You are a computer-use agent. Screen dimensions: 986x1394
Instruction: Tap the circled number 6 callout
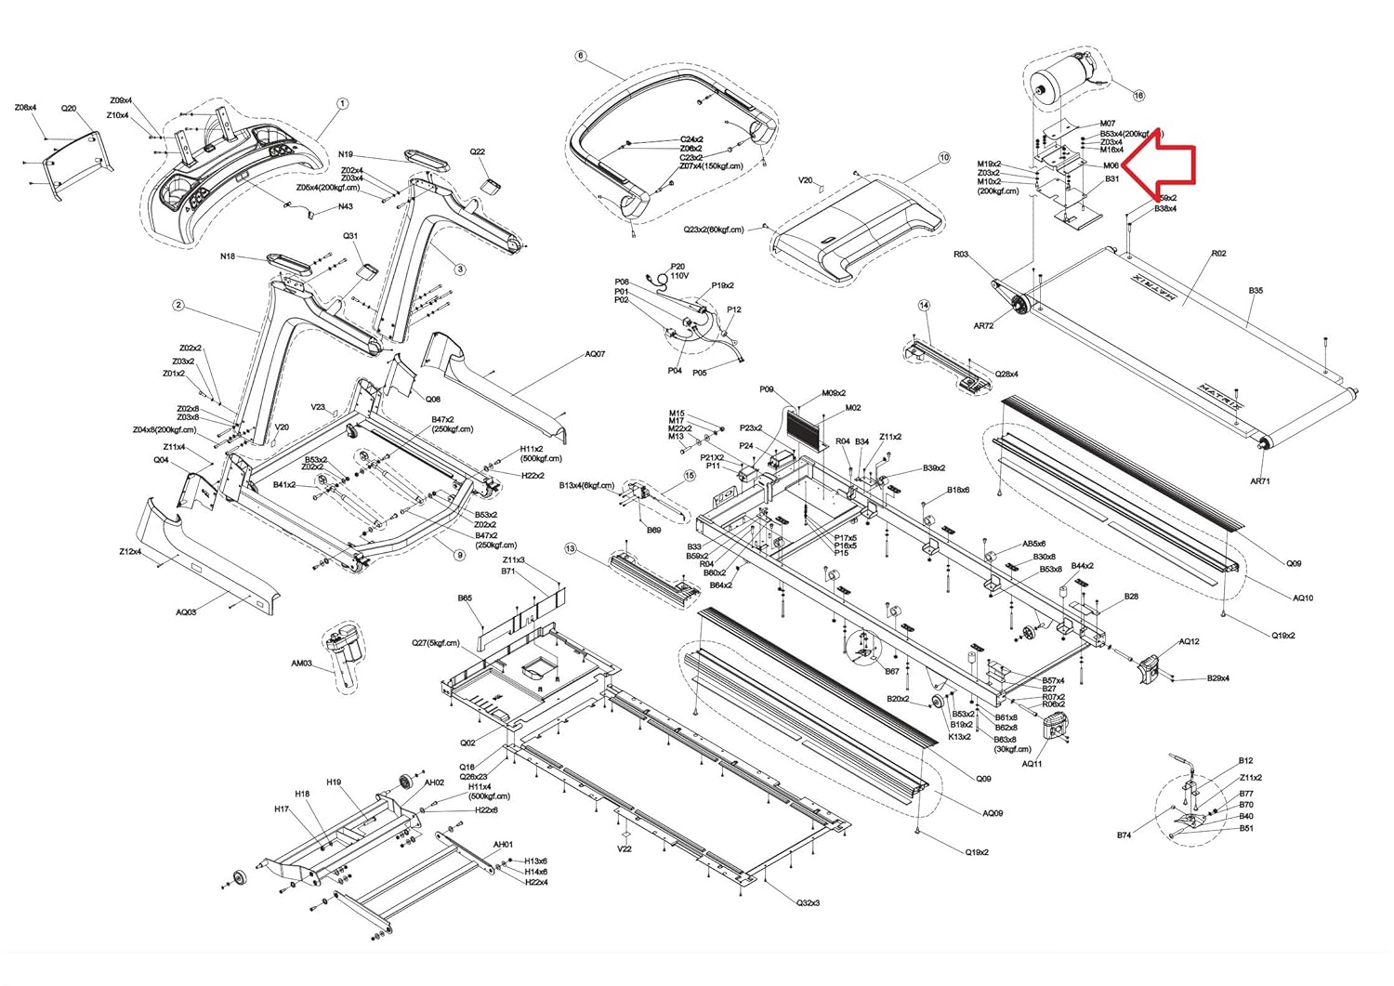[x=581, y=56]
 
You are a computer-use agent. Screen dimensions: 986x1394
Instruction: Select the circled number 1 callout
[x=342, y=104]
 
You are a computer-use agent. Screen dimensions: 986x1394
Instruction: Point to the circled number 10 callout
[x=944, y=158]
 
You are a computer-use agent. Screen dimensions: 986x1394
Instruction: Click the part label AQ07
[x=595, y=354]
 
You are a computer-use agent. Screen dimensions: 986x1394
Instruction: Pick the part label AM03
[x=301, y=664]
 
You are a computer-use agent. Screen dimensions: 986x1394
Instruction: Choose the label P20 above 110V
[x=677, y=266]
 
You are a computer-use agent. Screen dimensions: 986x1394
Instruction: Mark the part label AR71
[x=1260, y=480]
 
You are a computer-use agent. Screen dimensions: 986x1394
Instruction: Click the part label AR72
[x=983, y=326]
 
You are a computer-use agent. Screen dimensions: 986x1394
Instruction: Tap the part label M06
[x=1110, y=165]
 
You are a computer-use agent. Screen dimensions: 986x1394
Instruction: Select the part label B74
[x=1124, y=835]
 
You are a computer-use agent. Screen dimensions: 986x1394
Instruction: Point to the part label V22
[x=625, y=848]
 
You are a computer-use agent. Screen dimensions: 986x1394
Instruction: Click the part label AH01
[x=503, y=845]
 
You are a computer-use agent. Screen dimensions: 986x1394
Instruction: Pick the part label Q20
[x=69, y=109]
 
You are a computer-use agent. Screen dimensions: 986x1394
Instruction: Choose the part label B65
[x=465, y=599]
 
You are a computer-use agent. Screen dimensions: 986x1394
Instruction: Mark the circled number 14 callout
[x=924, y=305]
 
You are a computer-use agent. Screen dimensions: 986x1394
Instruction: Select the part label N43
[x=345, y=206]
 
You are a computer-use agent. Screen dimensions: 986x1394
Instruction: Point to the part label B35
[x=1256, y=291]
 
